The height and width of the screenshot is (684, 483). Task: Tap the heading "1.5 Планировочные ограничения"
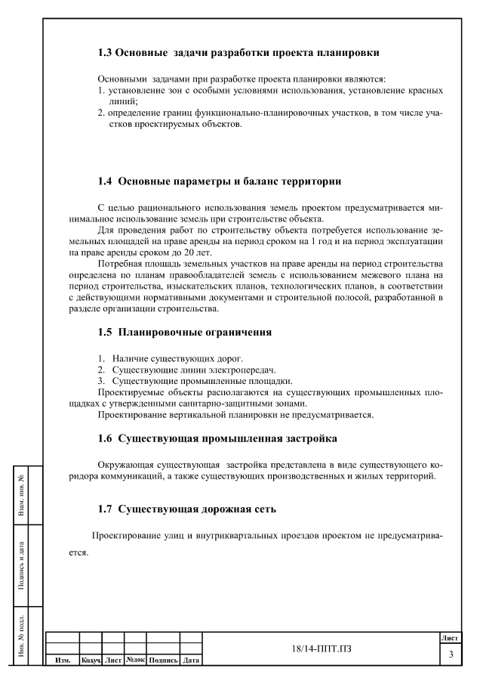pyautogui.click(x=185, y=332)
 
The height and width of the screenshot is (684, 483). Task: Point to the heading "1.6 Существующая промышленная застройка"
pyautogui.click(x=217, y=438)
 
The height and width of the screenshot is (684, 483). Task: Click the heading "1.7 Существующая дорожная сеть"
pyautogui.click(x=187, y=509)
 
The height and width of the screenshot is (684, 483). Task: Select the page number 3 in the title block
pyautogui.click(x=451, y=655)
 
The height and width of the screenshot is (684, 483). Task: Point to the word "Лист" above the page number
pyautogui.click(x=451, y=639)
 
